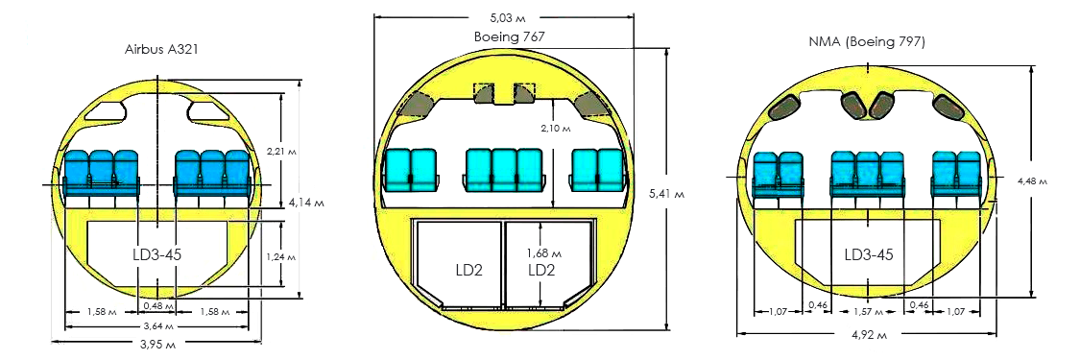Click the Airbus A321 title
pos(162,50)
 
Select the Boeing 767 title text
pos(510,36)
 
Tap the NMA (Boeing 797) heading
pos(867,42)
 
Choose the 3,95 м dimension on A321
pos(157,344)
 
